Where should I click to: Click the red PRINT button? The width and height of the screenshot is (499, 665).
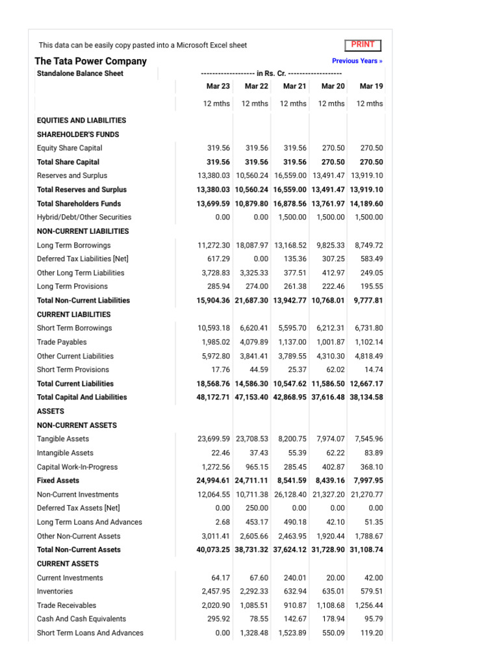(x=363, y=45)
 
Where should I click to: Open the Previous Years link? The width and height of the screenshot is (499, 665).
(x=357, y=61)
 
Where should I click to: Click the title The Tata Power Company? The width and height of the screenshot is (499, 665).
(x=90, y=61)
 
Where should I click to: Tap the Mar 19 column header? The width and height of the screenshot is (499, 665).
(x=371, y=86)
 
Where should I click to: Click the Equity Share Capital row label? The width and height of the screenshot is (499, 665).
(x=70, y=148)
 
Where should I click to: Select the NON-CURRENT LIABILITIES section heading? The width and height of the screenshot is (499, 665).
(x=83, y=231)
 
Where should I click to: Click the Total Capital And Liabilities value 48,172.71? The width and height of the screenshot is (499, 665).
(x=213, y=397)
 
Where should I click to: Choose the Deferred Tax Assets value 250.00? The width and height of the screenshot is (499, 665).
(x=257, y=508)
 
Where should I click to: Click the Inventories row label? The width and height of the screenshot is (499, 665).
(x=55, y=592)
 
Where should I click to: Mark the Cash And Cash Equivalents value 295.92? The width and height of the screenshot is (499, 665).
(x=216, y=619)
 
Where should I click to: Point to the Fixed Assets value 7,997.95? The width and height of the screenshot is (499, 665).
(x=368, y=481)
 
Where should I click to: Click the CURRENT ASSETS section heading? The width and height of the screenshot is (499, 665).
(x=68, y=564)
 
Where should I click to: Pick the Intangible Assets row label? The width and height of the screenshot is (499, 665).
(x=65, y=453)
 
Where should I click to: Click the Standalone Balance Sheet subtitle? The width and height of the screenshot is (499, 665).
(x=80, y=73)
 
